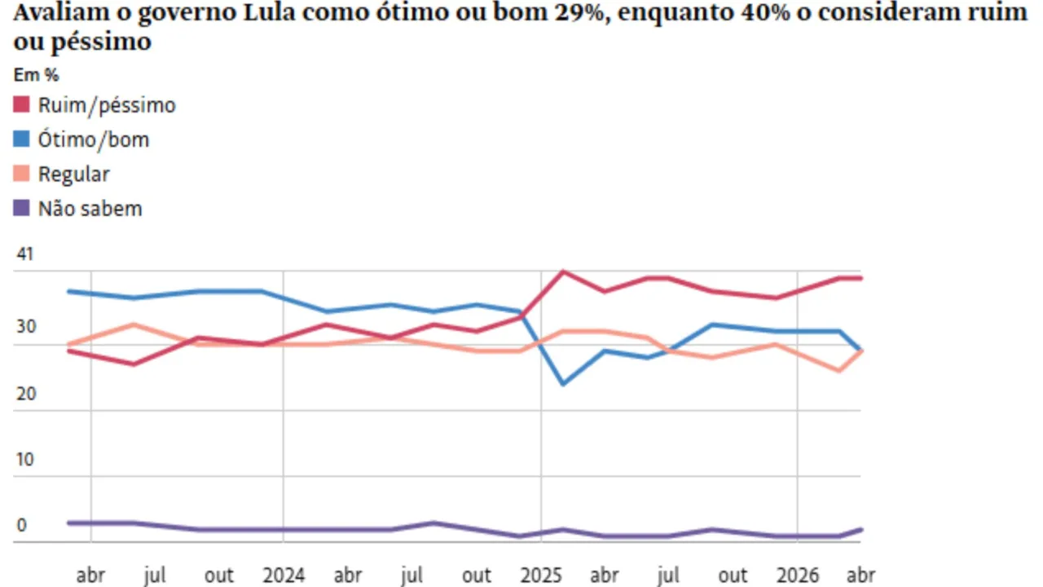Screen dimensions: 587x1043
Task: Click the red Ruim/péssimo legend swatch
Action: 22,105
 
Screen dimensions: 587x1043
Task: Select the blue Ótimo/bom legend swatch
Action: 22,139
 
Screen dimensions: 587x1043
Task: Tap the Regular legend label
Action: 73,174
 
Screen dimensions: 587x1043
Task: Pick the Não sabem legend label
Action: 90,208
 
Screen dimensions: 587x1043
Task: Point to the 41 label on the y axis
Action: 25,254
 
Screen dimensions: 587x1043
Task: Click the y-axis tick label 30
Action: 25,327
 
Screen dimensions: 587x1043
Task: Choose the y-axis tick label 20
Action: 25,393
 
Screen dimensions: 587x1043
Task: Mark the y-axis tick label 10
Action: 25,459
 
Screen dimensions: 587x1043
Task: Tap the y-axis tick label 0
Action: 21,525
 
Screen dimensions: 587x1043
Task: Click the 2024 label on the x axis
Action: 284,576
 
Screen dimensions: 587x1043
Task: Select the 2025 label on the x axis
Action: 541,576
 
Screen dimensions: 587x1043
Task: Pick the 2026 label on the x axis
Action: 798,576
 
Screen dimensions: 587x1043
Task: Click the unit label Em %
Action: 37,74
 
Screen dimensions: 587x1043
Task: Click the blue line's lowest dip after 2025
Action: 563,384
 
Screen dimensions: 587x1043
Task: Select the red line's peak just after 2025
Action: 563,271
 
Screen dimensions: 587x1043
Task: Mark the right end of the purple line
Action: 861,529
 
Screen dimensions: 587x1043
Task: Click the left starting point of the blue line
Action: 68,291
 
